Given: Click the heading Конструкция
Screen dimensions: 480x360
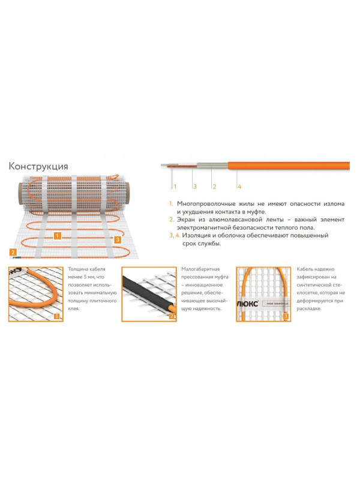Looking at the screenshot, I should (x=38, y=166).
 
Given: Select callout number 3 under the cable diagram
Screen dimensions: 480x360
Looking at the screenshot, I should (x=194, y=187).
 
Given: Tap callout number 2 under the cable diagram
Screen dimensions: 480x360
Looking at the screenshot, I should (x=215, y=187).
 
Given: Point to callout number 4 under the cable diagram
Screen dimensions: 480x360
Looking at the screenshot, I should (x=238, y=187).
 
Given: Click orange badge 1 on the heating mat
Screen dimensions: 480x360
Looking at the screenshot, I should (x=56, y=236).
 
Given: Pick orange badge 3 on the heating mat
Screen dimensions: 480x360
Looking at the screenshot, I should (x=117, y=240).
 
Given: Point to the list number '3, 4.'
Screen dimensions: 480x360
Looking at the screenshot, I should (x=174, y=235).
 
